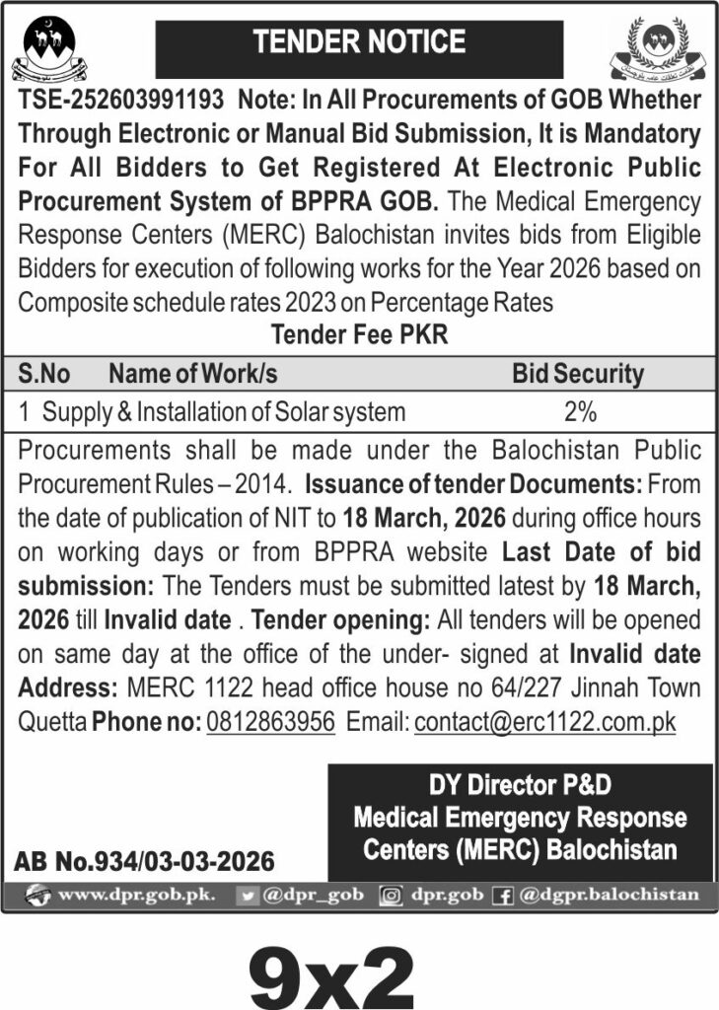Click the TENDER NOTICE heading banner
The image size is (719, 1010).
pos(359,42)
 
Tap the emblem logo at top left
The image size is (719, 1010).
pos(48,49)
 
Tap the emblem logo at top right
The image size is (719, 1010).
pos(658,51)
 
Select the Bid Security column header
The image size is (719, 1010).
pos(577,375)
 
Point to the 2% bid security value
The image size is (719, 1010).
pos(579,411)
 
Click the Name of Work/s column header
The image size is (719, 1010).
pos(192,375)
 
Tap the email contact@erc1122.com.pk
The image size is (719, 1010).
pos(545,722)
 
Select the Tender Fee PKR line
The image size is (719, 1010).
pos(359,334)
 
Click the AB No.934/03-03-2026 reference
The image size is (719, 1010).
pos(144,862)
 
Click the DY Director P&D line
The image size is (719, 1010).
pos(520,785)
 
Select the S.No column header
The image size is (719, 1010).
pos(44,375)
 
